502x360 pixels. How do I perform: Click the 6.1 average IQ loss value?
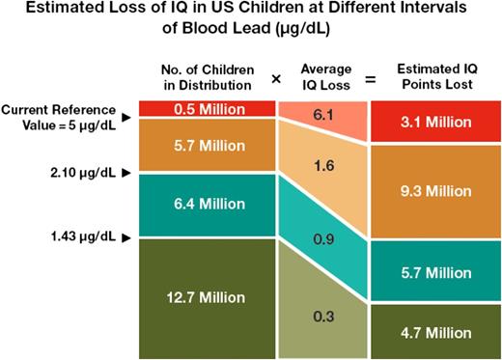coord(324,115)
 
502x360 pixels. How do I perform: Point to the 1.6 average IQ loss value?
coord(324,165)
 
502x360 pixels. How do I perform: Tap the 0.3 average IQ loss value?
coord(324,315)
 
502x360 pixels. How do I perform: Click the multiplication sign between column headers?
coord(276,79)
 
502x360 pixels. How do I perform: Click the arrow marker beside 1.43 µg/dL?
coord(125,236)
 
